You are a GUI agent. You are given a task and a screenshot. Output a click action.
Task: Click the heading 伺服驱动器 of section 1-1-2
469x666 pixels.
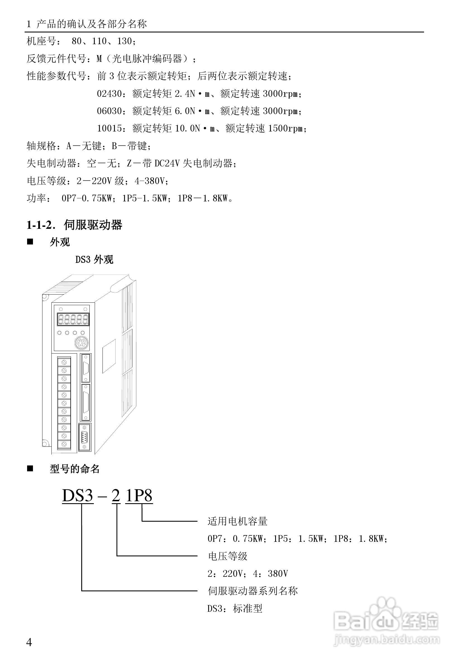coord(93,225)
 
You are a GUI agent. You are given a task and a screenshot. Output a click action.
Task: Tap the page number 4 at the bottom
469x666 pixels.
coord(29,642)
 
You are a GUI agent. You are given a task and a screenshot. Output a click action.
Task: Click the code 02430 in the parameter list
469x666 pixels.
coord(109,94)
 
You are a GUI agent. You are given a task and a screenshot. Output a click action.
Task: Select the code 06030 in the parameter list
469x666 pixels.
coord(109,111)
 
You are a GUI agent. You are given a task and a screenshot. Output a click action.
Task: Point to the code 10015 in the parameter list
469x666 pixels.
coord(109,128)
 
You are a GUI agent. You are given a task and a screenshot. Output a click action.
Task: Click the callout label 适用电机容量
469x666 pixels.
coord(237,521)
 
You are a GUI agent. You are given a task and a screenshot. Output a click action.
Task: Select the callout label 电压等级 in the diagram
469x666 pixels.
coord(228,556)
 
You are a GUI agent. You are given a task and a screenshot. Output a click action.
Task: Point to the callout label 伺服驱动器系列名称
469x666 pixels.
coord(253,591)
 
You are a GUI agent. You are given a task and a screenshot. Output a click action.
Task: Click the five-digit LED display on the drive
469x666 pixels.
coord(73,320)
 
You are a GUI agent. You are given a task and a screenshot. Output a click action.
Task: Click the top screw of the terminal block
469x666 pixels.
coord(64,362)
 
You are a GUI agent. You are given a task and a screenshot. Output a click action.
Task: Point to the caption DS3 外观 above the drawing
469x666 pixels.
coord(94,260)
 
